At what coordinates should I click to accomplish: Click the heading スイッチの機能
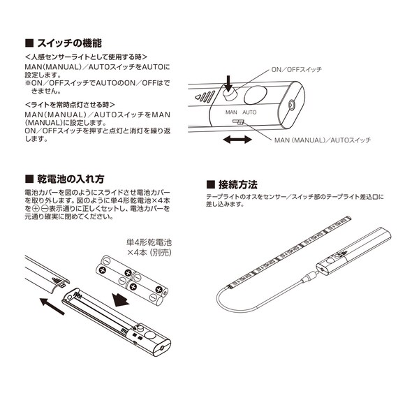[69, 43]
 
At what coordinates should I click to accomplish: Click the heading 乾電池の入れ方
[71, 179]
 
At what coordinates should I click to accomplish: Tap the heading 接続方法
[238, 184]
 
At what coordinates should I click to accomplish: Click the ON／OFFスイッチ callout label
[297, 69]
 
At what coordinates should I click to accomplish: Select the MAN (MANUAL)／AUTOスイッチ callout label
[323, 140]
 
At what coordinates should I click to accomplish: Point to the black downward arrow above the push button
[229, 84]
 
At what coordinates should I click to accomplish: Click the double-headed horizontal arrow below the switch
[237, 140]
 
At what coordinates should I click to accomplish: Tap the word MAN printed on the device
[231, 112]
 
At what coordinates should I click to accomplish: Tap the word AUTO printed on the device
[249, 112]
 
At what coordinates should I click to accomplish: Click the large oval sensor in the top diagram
[256, 95]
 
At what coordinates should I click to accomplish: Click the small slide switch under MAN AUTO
[238, 122]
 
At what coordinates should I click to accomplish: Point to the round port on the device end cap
[291, 105]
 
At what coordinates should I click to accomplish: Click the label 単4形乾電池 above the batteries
[149, 242]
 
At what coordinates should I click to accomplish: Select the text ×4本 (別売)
[149, 253]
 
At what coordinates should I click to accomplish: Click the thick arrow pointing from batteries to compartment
[120, 300]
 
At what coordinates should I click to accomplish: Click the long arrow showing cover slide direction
[52, 307]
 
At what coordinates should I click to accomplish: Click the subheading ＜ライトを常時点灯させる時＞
[70, 105]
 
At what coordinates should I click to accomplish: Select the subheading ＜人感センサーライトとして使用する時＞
[87, 57]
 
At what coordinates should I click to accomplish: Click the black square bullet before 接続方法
[211, 184]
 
